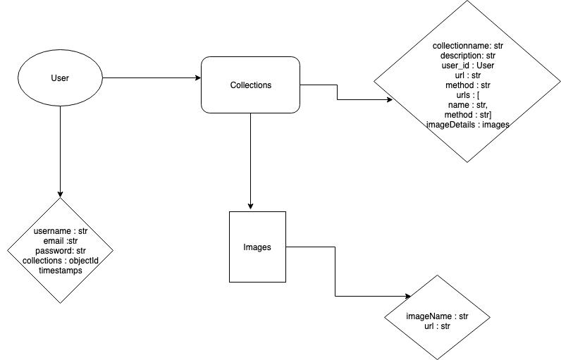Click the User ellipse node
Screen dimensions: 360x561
click(60, 77)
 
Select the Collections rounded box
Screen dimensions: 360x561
click(251, 85)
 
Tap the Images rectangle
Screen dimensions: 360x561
click(257, 247)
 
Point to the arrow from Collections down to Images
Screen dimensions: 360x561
click(251, 162)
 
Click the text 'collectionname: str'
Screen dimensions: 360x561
click(468, 46)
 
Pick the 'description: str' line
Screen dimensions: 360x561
click(468, 56)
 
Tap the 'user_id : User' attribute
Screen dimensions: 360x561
click(468, 66)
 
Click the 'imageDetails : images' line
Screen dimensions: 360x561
click(468, 124)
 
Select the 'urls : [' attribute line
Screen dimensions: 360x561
click(468, 94)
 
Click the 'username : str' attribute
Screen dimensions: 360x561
click(60, 231)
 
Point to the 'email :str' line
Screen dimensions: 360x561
click(60, 241)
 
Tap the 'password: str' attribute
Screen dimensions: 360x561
click(60, 251)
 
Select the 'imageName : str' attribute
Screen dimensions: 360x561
click(437, 316)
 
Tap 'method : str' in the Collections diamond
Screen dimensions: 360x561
click(468, 85)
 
